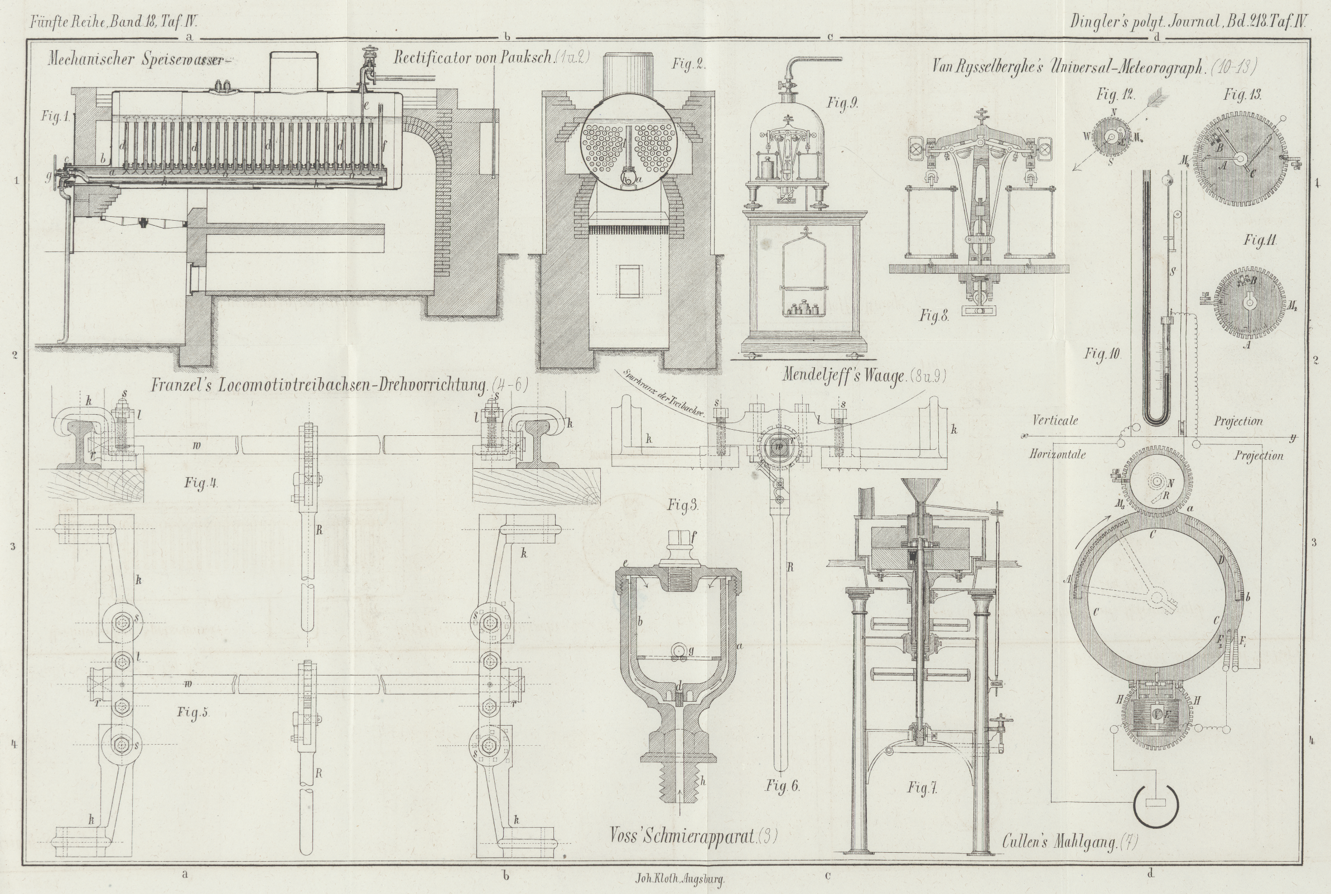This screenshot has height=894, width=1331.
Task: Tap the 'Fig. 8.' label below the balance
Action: (934, 316)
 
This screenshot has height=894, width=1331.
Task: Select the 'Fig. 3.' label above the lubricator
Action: (683, 505)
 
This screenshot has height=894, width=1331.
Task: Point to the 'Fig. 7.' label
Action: (922, 789)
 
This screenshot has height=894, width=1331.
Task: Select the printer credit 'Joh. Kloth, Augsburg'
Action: (679, 879)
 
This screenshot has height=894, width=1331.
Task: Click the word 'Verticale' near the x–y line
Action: (1055, 421)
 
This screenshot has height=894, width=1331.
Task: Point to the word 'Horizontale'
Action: (1057, 455)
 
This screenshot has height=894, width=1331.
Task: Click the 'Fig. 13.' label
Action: (1242, 95)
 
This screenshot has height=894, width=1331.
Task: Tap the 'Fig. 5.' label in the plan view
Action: (193, 712)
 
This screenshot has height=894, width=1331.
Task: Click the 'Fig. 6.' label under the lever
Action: (782, 786)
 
